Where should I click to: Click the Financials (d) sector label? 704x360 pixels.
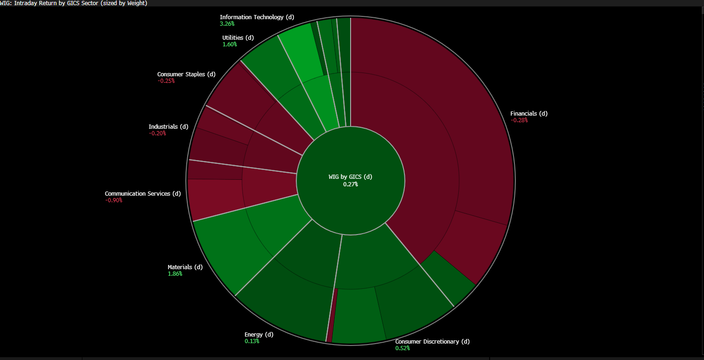[528, 114]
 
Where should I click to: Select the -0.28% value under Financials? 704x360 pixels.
[519, 120]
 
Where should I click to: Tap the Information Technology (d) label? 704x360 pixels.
[257, 17]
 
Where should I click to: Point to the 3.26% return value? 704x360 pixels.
[227, 23]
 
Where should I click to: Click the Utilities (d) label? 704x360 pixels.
[238, 38]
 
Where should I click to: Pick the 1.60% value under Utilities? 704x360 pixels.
[229, 44]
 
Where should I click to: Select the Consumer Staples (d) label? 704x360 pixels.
[186, 74]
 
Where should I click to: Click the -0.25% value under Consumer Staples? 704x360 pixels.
[166, 81]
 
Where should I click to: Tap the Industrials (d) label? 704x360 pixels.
[168, 127]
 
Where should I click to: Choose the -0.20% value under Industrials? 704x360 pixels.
[157, 133]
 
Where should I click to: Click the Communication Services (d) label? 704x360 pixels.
[142, 194]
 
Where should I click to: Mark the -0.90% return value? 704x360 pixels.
[114, 200]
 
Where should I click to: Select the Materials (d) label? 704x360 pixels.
[185, 267]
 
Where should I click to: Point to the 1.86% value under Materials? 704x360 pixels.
[175, 274]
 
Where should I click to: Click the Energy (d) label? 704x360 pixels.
[258, 335]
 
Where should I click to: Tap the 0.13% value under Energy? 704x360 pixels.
[251, 341]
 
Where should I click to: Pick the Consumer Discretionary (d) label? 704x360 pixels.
[432, 342]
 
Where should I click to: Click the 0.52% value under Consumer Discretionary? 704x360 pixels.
[402, 348]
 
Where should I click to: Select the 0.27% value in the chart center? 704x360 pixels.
[350, 184]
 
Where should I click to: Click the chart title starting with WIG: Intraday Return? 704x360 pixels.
[73, 3]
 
